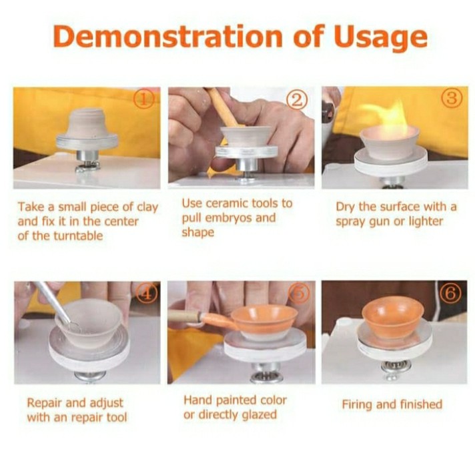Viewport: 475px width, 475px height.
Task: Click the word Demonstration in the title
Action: (x=167, y=37)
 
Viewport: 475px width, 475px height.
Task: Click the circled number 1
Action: (x=145, y=99)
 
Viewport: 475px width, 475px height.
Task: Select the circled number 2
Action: (x=297, y=100)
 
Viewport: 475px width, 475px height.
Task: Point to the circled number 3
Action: (x=452, y=97)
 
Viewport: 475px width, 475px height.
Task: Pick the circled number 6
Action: (x=451, y=294)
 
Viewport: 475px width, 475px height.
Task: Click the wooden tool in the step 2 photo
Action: (x=222, y=107)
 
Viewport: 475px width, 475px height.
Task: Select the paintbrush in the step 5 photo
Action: (x=199, y=319)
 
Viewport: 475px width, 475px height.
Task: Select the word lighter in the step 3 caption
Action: (x=426, y=221)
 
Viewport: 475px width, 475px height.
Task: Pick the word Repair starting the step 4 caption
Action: (x=45, y=403)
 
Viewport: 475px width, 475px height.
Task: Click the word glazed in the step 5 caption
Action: (x=259, y=415)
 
